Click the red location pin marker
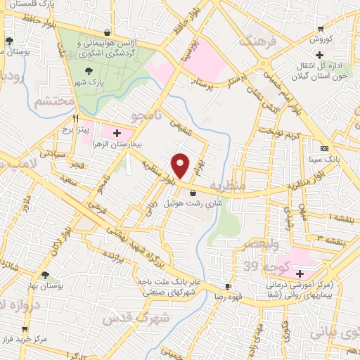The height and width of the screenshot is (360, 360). pyautogui.click(x=181, y=165)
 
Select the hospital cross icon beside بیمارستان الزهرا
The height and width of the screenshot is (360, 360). pyautogui.click(x=117, y=132)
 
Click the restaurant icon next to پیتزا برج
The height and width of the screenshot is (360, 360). pyautogui.click(x=75, y=119)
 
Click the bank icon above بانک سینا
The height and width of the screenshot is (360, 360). pyautogui.click(x=323, y=148)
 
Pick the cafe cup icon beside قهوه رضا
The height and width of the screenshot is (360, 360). pyautogui.click(x=228, y=286)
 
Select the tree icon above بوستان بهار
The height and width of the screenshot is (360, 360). pyautogui.click(x=46, y=275)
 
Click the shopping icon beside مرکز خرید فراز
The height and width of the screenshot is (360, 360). pyautogui.click(x=25, y=328)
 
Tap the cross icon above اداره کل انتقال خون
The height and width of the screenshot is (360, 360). pyautogui.click(x=319, y=54)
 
